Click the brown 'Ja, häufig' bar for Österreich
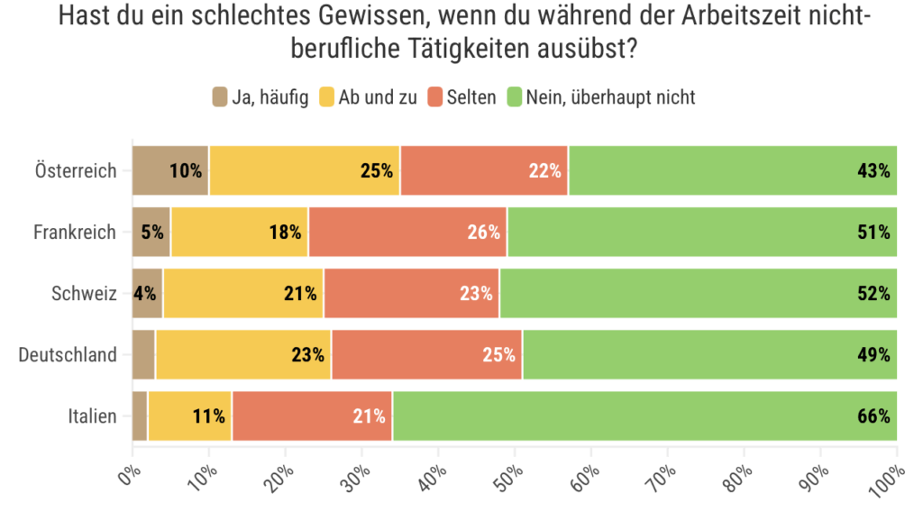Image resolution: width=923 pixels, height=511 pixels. [x=170, y=170]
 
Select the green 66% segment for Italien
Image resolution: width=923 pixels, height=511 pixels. [x=644, y=415]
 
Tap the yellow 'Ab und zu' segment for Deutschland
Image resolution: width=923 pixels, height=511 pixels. [x=242, y=354]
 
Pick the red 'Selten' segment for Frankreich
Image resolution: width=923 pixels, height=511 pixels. [x=407, y=232]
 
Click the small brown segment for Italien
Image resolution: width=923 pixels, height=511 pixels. [x=139, y=415]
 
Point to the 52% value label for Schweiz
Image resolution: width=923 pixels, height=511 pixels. [x=873, y=293]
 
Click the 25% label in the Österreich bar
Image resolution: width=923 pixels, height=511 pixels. [x=377, y=170]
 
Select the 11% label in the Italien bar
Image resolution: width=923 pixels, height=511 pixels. [x=208, y=415]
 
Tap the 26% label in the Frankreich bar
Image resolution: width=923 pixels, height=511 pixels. [x=483, y=232]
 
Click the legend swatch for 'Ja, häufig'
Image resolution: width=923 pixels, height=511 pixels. [x=220, y=96]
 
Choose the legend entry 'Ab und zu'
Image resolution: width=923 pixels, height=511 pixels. [x=377, y=96]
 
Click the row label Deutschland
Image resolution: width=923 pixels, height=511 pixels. [x=68, y=354]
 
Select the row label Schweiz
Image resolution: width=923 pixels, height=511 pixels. [x=87, y=293]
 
